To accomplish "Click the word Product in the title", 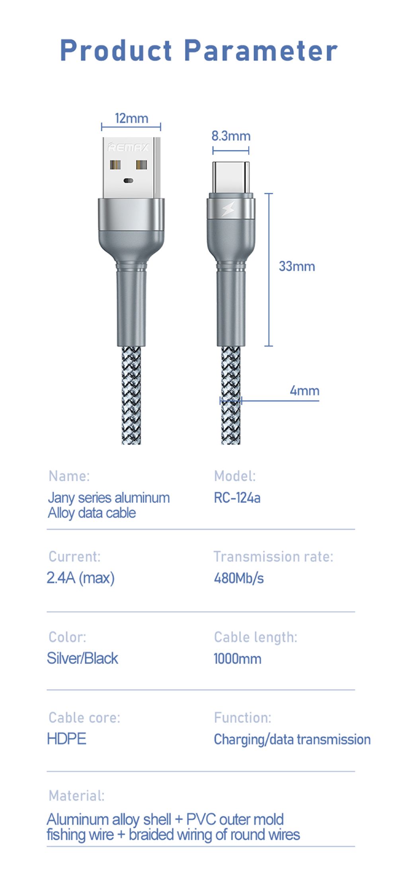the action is (116, 51).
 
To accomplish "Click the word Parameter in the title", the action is (261, 51).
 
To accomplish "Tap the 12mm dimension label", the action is (131, 118).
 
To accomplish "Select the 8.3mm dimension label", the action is (231, 136).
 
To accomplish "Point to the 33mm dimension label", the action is (297, 266).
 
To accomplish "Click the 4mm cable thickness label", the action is (304, 391).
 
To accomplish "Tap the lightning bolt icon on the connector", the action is (228, 208).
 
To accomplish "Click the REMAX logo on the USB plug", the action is (128, 148).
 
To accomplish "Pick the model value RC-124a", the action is (237, 498).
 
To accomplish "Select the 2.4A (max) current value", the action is (80, 578).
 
